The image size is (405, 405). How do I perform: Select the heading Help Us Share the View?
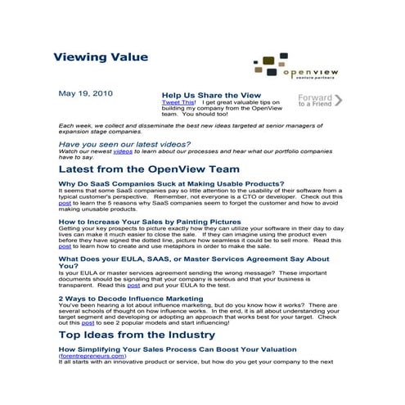coord(211,95)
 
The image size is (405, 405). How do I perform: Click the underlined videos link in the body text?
coord(122,151)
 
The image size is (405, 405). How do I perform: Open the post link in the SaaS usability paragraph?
coord(65,203)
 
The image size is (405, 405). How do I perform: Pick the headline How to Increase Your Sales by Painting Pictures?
coord(149,221)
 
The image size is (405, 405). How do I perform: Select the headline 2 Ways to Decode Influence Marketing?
coord(131,298)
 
